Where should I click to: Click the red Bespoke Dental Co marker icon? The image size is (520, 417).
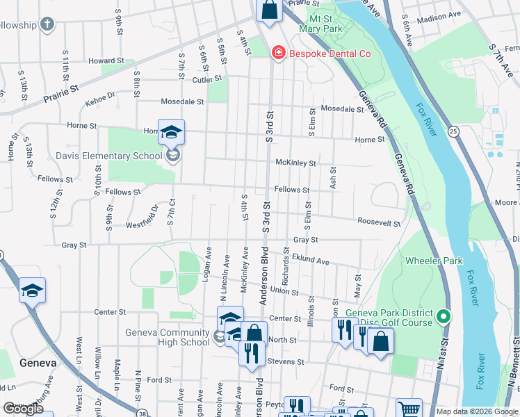279,54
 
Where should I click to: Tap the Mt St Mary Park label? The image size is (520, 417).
321,24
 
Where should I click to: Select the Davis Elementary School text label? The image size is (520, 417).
118,156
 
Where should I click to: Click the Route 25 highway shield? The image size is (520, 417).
453,131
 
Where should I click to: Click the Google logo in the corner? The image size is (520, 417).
23,409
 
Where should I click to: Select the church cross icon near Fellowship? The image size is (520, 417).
48,26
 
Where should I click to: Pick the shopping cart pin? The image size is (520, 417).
409,409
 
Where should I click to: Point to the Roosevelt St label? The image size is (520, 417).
379,224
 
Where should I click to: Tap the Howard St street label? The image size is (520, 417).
106,61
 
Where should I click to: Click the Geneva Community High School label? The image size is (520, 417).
167,337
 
